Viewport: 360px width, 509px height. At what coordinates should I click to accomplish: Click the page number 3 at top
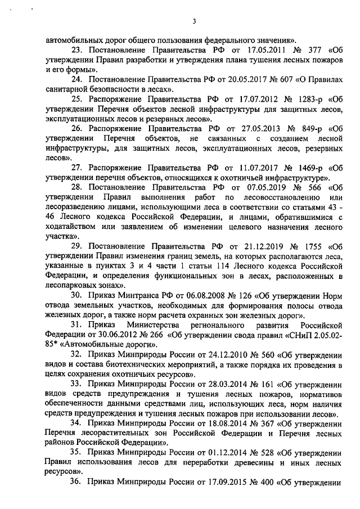193,22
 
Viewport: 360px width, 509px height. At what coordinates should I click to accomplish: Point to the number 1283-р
305,99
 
